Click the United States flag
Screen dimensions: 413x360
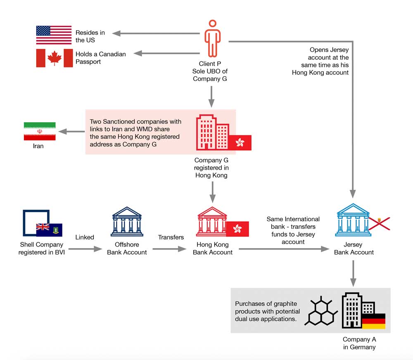click(x=54, y=35)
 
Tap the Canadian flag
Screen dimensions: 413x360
click(x=54, y=58)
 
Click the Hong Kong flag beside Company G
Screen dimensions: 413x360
click(x=240, y=142)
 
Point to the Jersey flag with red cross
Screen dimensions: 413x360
click(x=379, y=223)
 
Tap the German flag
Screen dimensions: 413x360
click(x=373, y=321)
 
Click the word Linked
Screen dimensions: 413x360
click(x=85, y=237)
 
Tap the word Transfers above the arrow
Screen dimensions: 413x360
click(x=171, y=237)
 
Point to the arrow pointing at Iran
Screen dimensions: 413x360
click(x=72, y=132)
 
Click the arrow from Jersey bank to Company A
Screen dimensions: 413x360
click(x=354, y=273)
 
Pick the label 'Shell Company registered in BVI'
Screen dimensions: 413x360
click(x=42, y=249)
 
